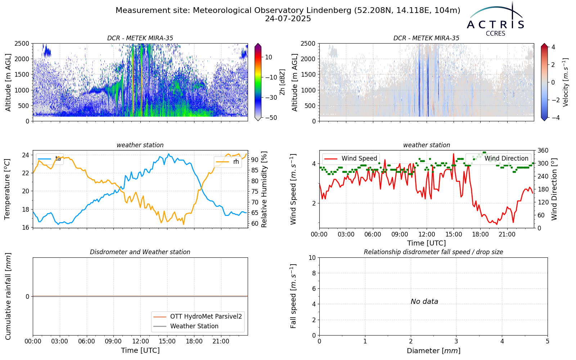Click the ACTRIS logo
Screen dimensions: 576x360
click(495, 19)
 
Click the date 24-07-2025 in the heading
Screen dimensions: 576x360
click(288, 19)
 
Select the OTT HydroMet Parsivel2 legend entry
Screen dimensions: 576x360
click(198, 316)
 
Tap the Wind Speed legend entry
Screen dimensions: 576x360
click(351, 158)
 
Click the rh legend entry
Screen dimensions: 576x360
click(228, 162)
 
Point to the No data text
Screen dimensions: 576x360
click(424, 301)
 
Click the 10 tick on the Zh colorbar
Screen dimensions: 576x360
click(269, 57)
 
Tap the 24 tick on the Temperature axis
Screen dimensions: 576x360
click(26, 155)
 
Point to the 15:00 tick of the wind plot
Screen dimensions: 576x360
click(454, 234)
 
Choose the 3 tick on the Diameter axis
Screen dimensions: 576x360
click(456, 341)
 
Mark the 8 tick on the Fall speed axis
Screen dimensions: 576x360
click(314, 273)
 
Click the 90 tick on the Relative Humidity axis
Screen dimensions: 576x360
click(255, 160)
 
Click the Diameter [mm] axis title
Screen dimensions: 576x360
click(433, 351)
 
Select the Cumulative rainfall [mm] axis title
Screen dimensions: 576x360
click(8, 296)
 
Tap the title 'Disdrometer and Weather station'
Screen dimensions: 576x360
click(140, 252)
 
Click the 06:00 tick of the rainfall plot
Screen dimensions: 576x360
click(87, 342)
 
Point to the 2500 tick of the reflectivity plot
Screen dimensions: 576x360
click(22, 44)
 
